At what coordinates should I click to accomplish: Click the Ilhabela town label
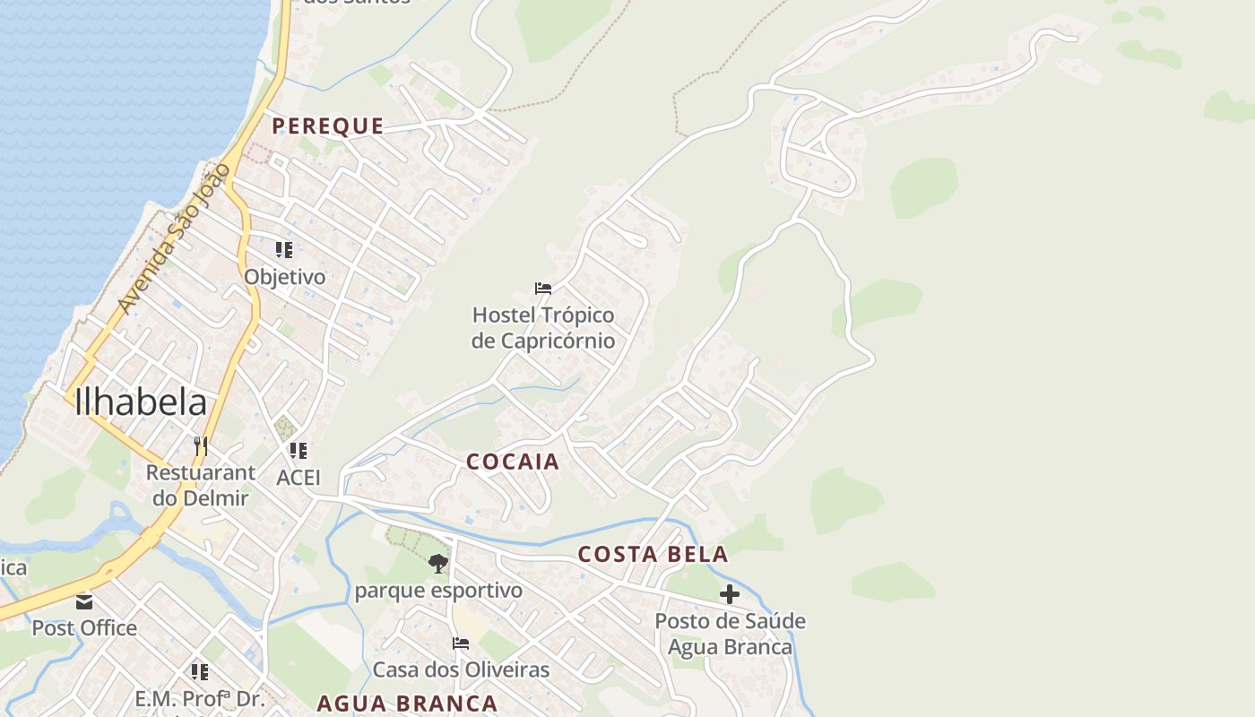click(x=141, y=402)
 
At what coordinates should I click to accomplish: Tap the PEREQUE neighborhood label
click(x=328, y=126)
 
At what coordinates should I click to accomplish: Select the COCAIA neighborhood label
click(x=513, y=462)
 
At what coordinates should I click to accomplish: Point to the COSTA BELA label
click(x=653, y=555)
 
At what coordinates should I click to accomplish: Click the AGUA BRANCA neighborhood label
click(x=407, y=704)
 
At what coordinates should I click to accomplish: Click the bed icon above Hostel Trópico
click(x=543, y=289)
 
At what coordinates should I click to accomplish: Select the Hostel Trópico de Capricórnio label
click(x=543, y=328)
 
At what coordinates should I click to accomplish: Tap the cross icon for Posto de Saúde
click(x=730, y=594)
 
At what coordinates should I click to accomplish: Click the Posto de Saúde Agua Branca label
click(x=730, y=634)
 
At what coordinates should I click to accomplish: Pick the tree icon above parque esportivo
click(x=438, y=564)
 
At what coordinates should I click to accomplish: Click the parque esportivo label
click(x=438, y=591)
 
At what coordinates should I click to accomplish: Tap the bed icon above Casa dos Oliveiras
click(x=461, y=644)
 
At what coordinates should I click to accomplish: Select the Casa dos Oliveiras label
click(x=461, y=669)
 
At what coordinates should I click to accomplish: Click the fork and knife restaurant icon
click(x=201, y=445)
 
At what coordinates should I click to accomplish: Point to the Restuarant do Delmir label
click(x=200, y=485)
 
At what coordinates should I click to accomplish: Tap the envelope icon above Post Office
click(x=84, y=601)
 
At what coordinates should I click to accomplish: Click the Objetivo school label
click(x=285, y=277)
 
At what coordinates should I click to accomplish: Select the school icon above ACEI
click(x=299, y=451)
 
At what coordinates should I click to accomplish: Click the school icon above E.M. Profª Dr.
click(x=199, y=671)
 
